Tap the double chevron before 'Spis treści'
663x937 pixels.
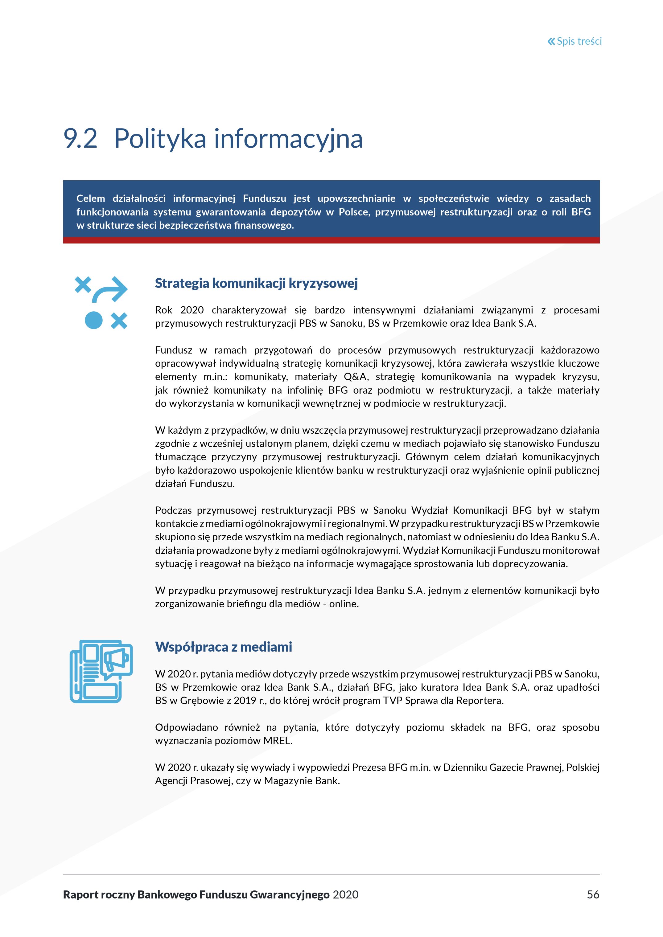point(551,41)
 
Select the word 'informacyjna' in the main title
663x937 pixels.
point(288,139)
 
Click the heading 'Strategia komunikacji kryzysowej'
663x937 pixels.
point(256,283)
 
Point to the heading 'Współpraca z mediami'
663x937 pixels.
point(223,647)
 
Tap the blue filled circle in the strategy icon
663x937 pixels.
point(93,320)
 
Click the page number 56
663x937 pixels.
point(593,894)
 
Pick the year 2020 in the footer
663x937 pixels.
point(345,894)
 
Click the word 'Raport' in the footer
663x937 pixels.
point(80,894)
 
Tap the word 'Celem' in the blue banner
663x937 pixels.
point(91,199)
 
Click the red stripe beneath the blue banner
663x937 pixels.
point(331,240)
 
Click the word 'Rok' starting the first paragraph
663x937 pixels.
point(164,310)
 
